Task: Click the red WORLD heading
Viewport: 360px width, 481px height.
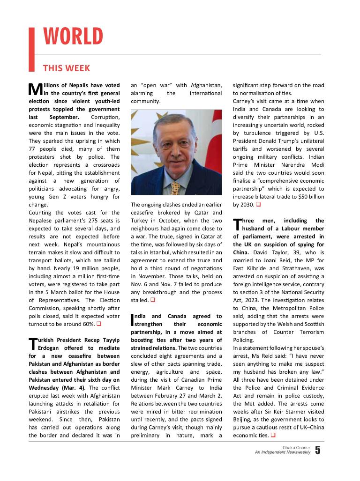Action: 73,37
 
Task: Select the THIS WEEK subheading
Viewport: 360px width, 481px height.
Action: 67,68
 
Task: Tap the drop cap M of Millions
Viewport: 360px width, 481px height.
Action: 35,89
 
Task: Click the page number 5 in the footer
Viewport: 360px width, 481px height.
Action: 318,451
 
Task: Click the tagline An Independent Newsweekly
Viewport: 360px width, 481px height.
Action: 283,453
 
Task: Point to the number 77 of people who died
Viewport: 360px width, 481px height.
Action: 32,149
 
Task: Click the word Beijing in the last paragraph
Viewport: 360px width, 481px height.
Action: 244,420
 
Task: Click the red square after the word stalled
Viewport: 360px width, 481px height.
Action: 152,300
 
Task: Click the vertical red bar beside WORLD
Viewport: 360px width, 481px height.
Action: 32,49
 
